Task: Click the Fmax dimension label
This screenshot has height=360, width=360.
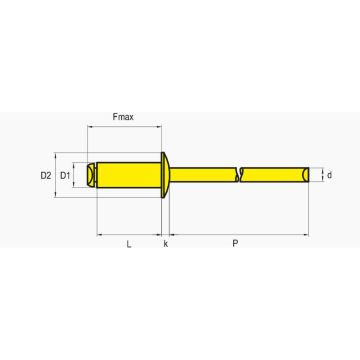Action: coord(123,117)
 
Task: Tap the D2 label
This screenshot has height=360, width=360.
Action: coord(46,175)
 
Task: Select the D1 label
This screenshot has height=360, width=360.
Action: coord(65,175)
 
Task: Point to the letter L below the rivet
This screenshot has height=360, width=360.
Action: coord(129,244)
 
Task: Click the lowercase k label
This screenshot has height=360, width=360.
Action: coord(166,244)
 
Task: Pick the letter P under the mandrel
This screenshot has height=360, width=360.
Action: coord(235,244)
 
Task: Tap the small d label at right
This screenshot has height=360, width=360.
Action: coord(329,175)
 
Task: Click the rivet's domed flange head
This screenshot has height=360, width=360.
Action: coord(165,175)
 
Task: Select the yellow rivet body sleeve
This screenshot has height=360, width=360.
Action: coord(129,175)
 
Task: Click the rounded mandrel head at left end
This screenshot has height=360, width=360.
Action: coord(91,175)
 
